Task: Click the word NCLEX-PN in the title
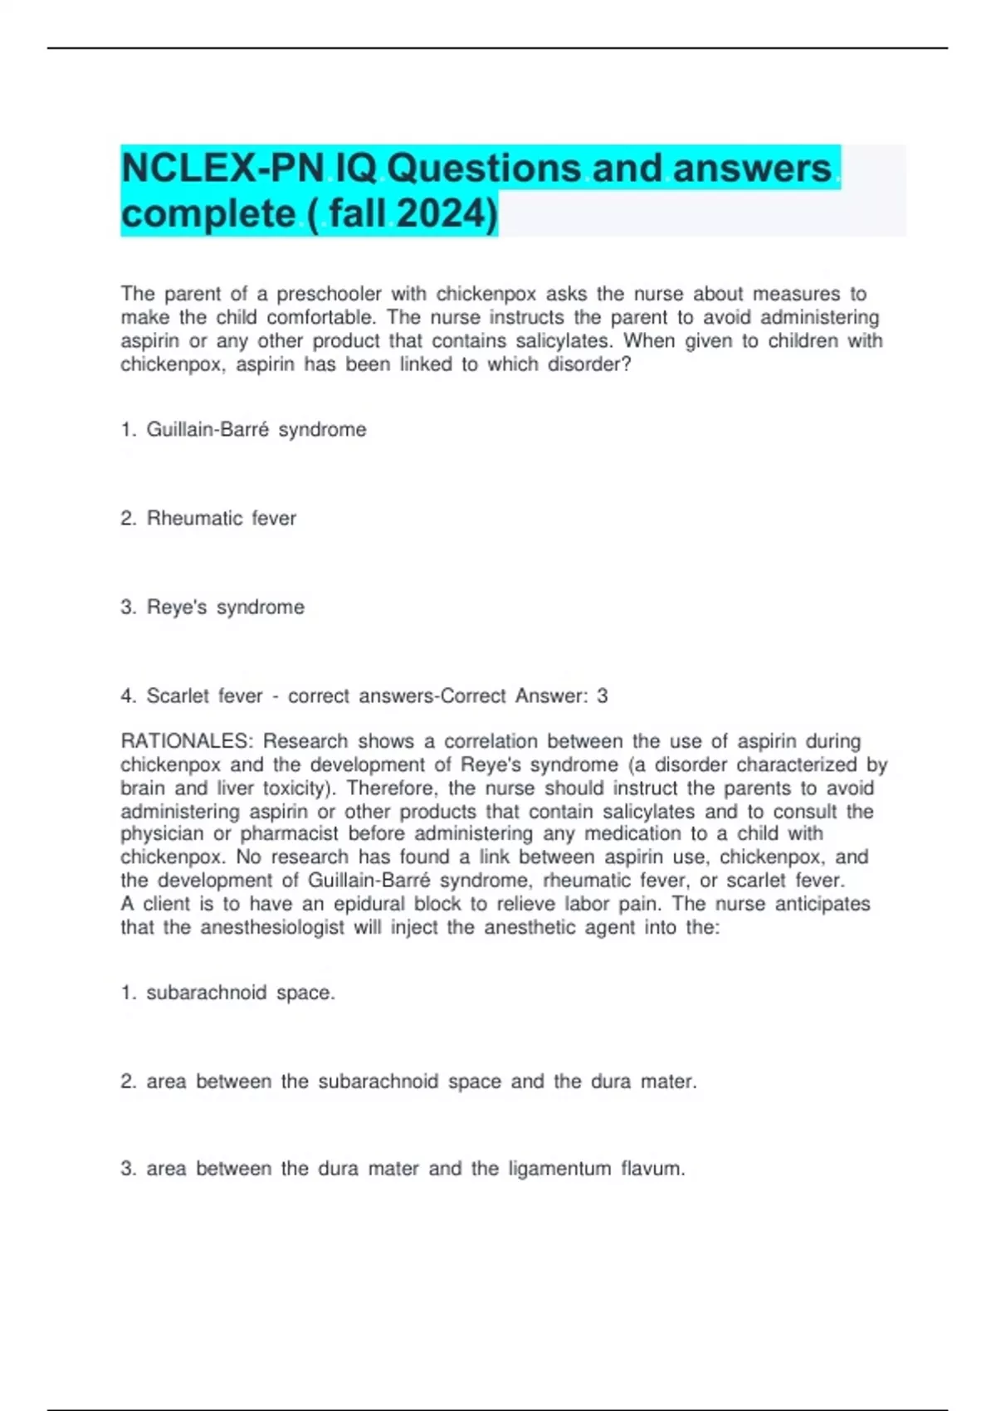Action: tap(222, 168)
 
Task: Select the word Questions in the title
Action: tap(485, 168)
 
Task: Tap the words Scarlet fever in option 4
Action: tap(204, 696)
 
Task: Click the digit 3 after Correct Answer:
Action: tap(602, 696)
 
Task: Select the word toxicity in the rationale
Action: tap(295, 787)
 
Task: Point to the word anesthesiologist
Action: tap(271, 926)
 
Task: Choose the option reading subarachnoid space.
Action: tap(240, 992)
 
